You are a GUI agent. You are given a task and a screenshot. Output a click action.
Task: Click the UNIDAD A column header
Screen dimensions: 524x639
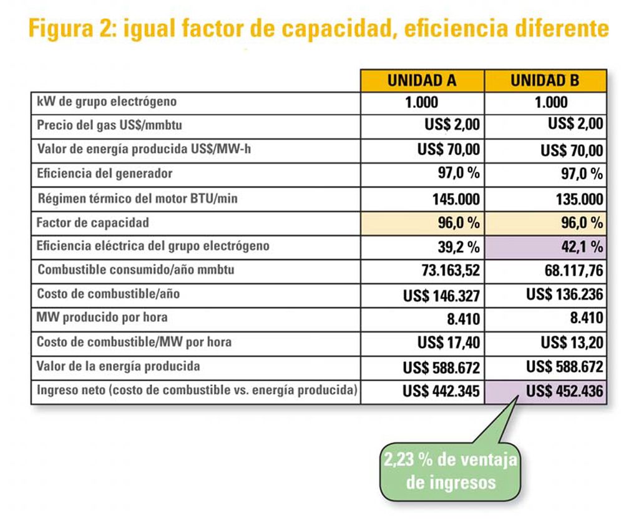422,80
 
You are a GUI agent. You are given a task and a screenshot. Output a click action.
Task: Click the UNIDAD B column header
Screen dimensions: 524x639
545,80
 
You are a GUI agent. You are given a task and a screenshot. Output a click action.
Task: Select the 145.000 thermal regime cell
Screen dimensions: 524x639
456,199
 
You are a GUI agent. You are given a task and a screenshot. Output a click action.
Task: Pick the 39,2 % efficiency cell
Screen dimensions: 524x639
458,247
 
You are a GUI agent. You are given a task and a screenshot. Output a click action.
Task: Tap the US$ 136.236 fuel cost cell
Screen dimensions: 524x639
564,294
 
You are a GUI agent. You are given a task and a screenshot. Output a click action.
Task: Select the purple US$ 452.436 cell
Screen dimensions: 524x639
564,392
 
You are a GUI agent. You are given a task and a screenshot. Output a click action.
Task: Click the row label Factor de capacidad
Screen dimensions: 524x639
93,222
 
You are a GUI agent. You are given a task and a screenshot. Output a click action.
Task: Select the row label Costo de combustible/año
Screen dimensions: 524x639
100,293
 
